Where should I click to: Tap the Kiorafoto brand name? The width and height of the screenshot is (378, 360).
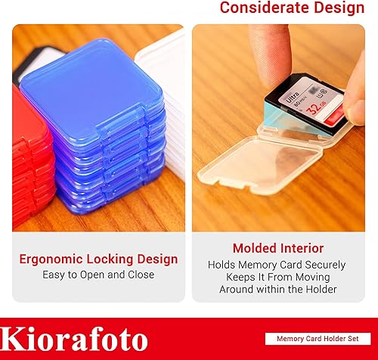pos(75,340)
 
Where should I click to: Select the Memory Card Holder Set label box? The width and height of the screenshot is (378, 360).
pos(318,340)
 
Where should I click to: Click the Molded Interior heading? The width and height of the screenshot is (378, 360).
pos(277,249)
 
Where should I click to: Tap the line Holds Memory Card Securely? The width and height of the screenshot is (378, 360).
pos(277,265)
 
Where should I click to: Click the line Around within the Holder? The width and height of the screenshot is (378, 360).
pos(277,290)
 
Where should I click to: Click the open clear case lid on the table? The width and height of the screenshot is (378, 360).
pos(272,182)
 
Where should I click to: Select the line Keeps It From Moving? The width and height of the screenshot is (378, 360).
pos(277,278)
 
